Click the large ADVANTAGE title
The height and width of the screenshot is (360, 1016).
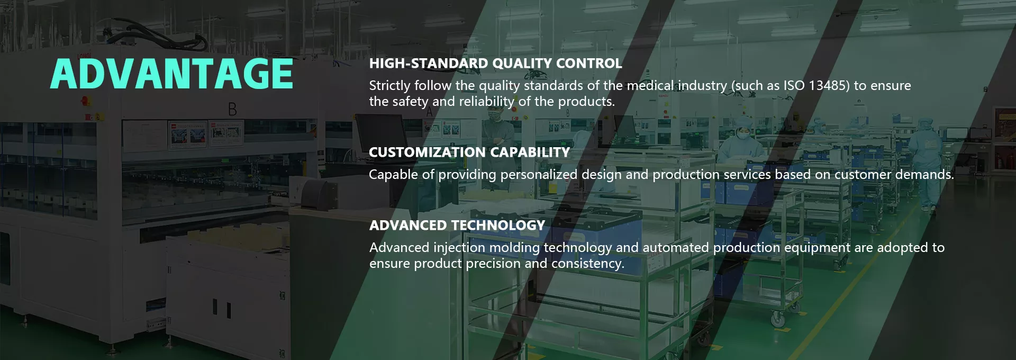(172, 74)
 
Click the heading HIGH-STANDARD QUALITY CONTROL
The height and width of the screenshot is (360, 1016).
(495, 64)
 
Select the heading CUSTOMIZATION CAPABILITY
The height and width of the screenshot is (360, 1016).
(469, 152)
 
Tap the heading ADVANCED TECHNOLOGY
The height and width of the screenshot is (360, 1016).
(457, 226)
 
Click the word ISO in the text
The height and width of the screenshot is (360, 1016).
(794, 86)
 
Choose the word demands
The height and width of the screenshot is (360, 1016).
(924, 175)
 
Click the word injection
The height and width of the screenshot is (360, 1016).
(459, 248)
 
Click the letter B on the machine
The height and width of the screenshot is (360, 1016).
(232, 110)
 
